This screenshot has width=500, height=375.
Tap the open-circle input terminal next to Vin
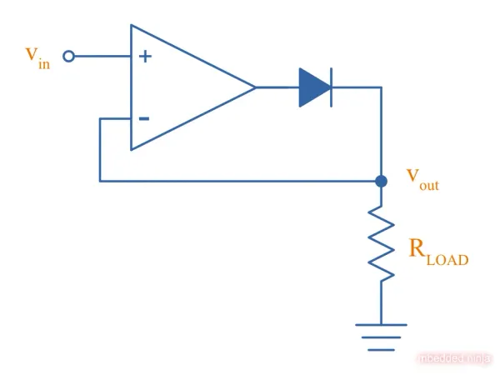pos(69,56)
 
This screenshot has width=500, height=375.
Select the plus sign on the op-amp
pos(145,57)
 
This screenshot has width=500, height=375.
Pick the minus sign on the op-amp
pos(144,118)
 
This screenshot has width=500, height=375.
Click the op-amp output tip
pos(254,87)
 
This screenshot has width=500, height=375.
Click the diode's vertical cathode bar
pos(331,87)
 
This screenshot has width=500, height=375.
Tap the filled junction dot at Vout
pos(381,180)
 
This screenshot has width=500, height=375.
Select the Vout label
pos(422,178)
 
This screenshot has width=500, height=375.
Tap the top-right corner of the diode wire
pos(381,87)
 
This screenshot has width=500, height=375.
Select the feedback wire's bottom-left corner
pos(100,180)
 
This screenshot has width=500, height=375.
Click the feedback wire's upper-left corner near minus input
pos(100,118)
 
